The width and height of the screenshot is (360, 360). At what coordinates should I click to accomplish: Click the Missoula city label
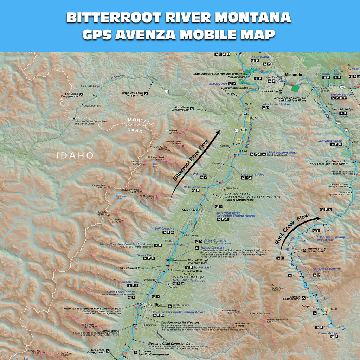(293, 75)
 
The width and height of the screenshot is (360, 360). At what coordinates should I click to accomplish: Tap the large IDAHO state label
(76, 155)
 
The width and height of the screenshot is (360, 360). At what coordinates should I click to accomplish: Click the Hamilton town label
(155, 304)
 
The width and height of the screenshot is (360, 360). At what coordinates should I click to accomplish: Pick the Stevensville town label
(191, 210)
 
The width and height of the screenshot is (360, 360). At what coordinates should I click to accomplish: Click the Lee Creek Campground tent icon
(82, 95)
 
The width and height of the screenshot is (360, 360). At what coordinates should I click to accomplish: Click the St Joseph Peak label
(156, 158)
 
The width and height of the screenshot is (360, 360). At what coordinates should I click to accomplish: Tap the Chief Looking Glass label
(282, 153)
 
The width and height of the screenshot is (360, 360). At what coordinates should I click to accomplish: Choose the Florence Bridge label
(252, 175)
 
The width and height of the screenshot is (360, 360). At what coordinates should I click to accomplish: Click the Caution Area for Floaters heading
(180, 322)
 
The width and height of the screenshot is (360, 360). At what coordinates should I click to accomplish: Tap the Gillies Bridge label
(328, 333)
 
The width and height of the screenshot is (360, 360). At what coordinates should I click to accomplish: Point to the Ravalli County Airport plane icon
(170, 306)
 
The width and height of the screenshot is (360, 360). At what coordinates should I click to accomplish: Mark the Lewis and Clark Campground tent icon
(146, 94)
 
